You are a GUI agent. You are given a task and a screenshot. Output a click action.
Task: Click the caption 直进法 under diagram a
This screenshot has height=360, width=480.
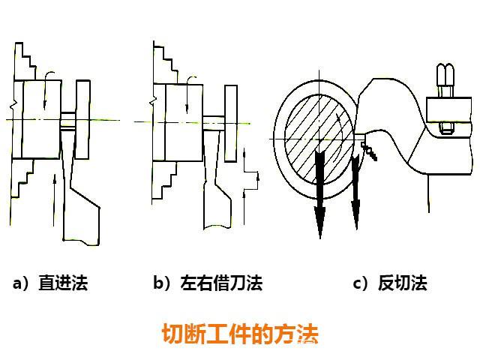pos(50,283)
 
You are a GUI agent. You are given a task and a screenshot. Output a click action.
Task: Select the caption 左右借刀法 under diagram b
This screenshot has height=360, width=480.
pos(208,283)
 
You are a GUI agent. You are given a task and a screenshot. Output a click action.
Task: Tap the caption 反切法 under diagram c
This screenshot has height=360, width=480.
pos(391,283)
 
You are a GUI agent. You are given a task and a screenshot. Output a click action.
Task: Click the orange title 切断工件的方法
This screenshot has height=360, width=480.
pos(240,333)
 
